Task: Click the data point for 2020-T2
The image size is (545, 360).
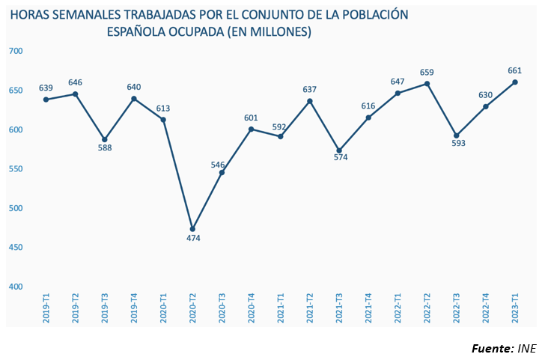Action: click(192, 229)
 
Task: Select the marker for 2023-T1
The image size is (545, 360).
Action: click(515, 82)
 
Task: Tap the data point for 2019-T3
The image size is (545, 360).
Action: click(105, 139)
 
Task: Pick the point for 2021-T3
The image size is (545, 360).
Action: click(339, 150)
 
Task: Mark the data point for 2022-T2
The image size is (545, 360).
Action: click(427, 84)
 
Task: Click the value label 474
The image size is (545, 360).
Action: click(192, 239)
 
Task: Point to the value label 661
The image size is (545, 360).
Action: click(514, 71)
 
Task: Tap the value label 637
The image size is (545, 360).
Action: click(309, 90)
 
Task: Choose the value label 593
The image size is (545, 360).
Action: click(459, 144)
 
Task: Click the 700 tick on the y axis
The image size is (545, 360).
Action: click(16, 51)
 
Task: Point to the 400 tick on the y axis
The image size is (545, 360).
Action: click(16, 287)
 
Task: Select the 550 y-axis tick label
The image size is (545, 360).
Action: click(16, 169)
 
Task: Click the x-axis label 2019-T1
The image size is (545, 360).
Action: click(46, 308)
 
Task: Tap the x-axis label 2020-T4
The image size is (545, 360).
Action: click(252, 308)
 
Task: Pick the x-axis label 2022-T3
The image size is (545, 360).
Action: click(457, 308)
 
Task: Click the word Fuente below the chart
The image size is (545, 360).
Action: click(492, 349)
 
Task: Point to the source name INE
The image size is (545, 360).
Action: click(527, 349)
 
